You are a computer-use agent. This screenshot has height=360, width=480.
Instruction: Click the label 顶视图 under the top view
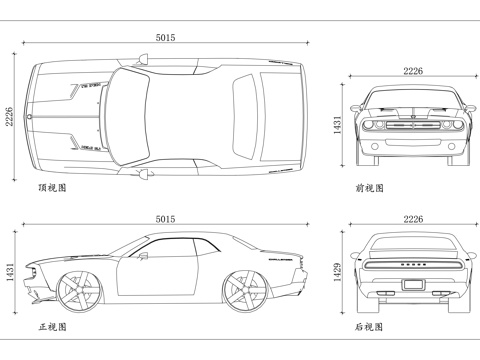point(51,187)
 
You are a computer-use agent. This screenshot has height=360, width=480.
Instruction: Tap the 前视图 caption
point(369,187)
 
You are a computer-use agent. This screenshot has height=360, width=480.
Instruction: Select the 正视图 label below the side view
point(51,327)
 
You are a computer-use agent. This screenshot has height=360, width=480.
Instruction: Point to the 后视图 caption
point(369,327)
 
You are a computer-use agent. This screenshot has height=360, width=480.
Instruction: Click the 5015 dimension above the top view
point(165,37)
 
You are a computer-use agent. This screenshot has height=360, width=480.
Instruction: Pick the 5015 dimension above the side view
point(165,219)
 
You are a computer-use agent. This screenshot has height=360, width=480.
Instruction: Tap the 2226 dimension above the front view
point(413,70)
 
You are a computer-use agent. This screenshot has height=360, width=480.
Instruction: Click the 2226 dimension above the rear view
point(413,219)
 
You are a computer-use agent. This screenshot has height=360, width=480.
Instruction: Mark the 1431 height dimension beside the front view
point(338,126)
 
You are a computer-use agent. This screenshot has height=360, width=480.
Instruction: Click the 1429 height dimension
point(338,269)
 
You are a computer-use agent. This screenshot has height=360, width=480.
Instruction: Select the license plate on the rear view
point(413,284)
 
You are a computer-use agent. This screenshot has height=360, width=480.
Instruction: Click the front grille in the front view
point(413,127)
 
